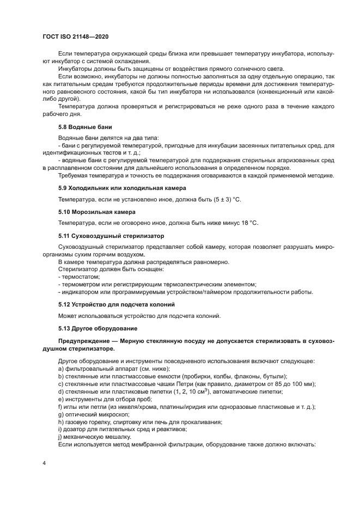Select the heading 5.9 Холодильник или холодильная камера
tap(122, 187)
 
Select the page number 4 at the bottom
tap(44, 463)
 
